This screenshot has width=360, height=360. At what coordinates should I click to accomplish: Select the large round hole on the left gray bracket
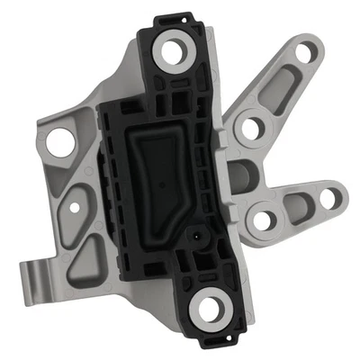coord(59,141)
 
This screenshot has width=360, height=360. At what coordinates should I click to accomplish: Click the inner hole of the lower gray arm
coord(263,219)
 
